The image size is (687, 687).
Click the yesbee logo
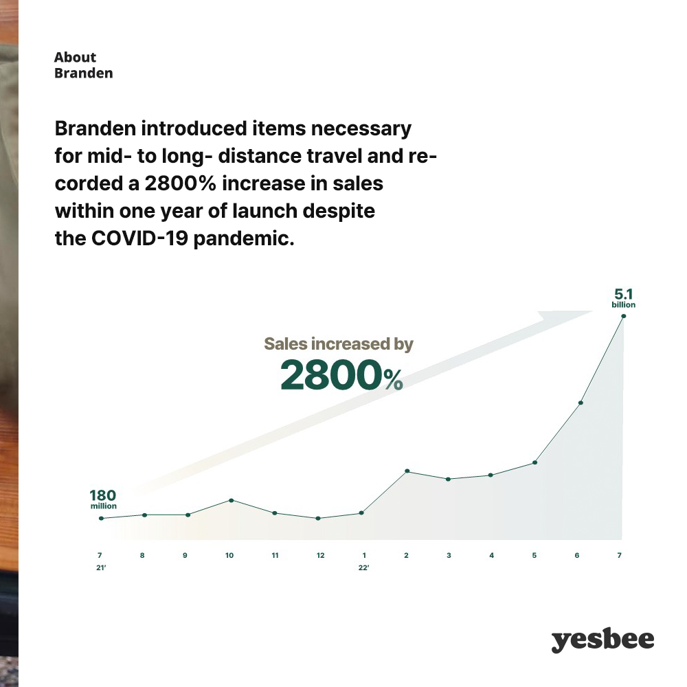click(602, 640)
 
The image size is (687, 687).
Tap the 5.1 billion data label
click(624, 298)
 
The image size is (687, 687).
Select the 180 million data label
click(104, 499)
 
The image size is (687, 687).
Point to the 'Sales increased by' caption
click(339, 344)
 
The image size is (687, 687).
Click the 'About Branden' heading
click(83, 65)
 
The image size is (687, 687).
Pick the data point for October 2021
click(232, 500)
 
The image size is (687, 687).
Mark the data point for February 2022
click(407, 471)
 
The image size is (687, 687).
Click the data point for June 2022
click(581, 403)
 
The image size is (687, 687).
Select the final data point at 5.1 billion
click(624, 316)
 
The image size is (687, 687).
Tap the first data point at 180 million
click(101, 518)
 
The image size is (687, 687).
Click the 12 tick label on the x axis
click(320, 556)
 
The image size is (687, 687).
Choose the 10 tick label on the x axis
click(229, 556)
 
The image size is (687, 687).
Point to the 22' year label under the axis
click(363, 568)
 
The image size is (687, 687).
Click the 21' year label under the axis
click(101, 568)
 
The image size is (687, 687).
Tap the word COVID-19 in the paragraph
click(139, 238)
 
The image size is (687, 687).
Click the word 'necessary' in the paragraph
click(361, 130)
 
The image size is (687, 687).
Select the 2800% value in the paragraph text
click(181, 183)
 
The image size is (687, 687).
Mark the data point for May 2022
click(535, 462)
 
